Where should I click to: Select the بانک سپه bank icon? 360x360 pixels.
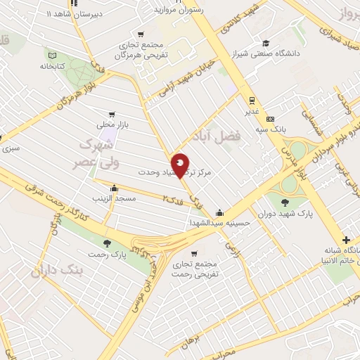tap(279, 119)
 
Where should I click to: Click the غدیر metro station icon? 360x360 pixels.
tap(250, 101)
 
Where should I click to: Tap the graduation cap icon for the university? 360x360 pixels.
tap(266, 43)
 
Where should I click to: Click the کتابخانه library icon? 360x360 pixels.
tap(51, 54)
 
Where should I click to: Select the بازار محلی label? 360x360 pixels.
tap(112, 125)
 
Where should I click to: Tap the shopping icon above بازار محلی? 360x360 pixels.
tap(112, 114)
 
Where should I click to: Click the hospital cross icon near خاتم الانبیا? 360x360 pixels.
tap(348, 240)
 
